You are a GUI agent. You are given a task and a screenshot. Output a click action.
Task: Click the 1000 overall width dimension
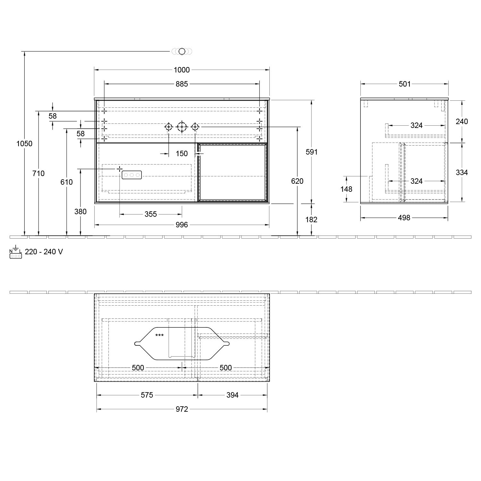click(181, 70)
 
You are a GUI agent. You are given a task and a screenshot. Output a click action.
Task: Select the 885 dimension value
click(181, 84)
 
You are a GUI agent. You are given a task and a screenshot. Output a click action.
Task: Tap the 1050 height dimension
click(25, 144)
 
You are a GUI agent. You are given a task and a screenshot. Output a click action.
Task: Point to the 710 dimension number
click(38, 173)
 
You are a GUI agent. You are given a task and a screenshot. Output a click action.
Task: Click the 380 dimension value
click(80, 212)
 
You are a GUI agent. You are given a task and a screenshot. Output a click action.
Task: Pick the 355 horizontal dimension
click(151, 214)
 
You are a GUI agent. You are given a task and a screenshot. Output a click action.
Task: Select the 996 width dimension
click(181, 225)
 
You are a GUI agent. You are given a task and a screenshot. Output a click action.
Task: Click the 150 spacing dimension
click(181, 154)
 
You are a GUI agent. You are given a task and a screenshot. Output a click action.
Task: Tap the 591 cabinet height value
click(311, 152)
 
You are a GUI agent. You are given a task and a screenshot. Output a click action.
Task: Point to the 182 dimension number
click(311, 220)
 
